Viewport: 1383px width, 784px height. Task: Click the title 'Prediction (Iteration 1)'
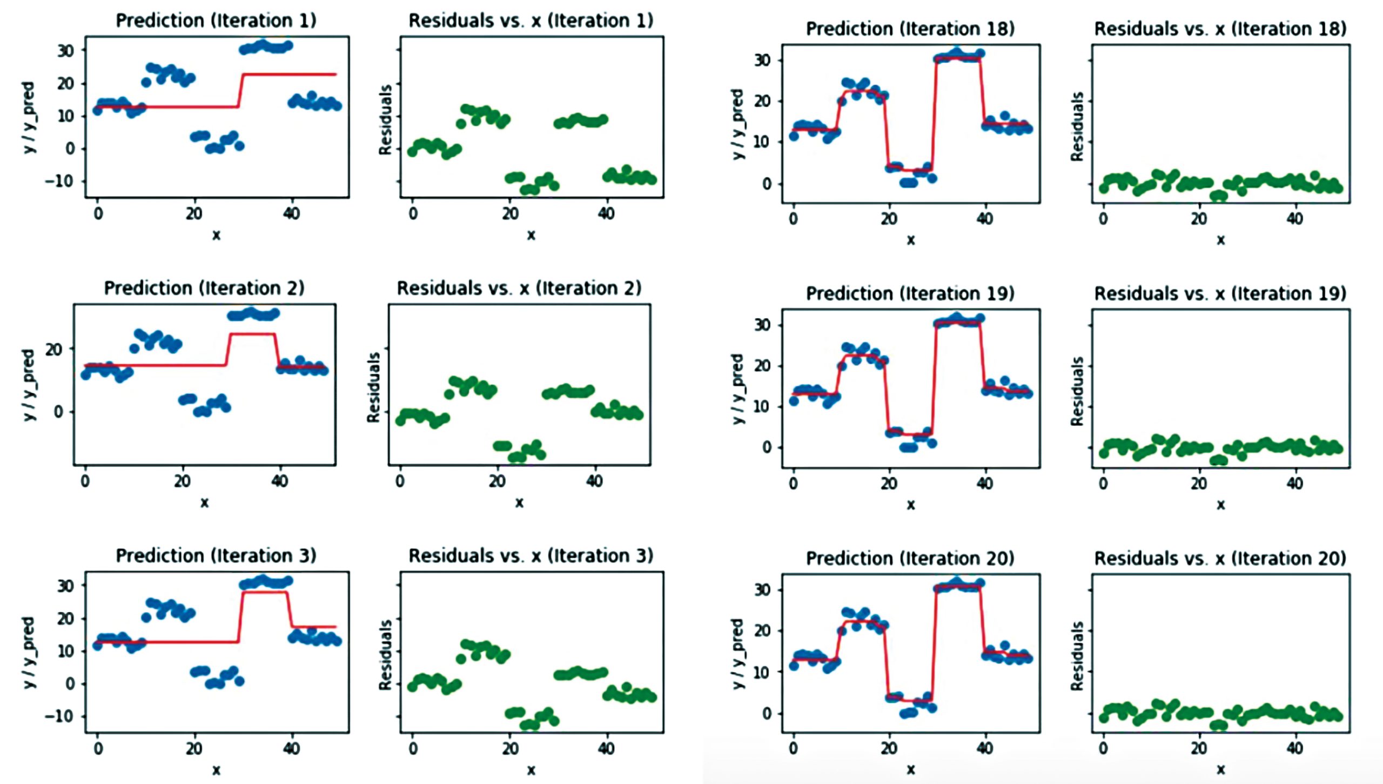[x=216, y=21]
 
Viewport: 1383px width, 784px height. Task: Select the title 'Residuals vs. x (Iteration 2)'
[x=519, y=288]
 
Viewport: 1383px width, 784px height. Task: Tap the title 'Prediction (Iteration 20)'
[x=910, y=558]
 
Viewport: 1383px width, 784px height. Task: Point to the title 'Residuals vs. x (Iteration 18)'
[x=1220, y=29]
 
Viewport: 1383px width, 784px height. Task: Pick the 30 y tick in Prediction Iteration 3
[x=66, y=585]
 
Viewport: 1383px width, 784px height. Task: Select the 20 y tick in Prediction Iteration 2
[x=54, y=349]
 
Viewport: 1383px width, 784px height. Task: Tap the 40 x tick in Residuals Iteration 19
[x=1294, y=484]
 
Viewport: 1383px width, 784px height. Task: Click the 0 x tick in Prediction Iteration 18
[x=793, y=219]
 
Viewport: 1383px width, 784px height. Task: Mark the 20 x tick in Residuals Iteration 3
[x=510, y=748]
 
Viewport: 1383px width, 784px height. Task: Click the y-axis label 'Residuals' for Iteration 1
[x=385, y=120]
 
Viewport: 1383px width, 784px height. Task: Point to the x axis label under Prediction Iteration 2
[x=204, y=502]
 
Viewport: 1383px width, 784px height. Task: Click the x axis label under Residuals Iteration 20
[x=1220, y=769]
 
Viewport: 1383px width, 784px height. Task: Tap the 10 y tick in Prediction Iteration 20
[x=762, y=672]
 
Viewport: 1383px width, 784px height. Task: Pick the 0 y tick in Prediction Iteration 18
[x=767, y=184]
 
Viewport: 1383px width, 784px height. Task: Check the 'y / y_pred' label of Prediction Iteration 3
[x=29, y=652]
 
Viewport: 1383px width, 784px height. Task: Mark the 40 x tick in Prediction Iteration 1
[x=291, y=213]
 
